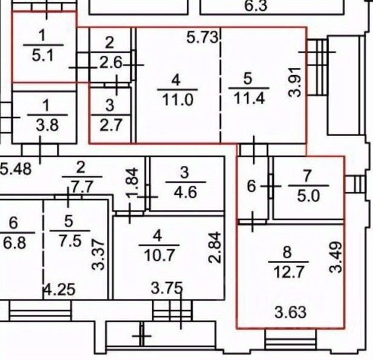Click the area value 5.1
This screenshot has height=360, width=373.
(x=43, y=56)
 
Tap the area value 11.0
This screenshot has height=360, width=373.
(x=178, y=99)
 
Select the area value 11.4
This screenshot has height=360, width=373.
(x=249, y=97)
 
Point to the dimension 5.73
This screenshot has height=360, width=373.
(x=202, y=38)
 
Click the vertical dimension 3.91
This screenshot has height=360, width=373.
(x=294, y=82)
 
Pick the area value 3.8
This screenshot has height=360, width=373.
(x=47, y=125)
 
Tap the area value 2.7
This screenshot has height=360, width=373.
(x=111, y=125)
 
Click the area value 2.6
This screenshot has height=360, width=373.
(x=111, y=63)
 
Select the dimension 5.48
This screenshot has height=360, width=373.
(x=16, y=169)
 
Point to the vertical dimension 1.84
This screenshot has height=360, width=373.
(x=132, y=182)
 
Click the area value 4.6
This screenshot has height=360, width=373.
(x=186, y=192)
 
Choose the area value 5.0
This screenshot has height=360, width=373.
(x=308, y=196)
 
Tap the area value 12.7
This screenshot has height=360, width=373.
(x=289, y=272)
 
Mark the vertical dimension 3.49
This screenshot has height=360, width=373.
(x=336, y=257)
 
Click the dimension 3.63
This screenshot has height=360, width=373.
(x=290, y=312)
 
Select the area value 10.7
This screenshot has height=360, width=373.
(x=160, y=255)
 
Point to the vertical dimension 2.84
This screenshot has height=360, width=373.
(x=215, y=247)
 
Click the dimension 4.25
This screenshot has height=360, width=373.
(x=60, y=289)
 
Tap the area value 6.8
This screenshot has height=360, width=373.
(x=15, y=243)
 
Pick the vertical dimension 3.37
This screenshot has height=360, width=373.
(x=98, y=255)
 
